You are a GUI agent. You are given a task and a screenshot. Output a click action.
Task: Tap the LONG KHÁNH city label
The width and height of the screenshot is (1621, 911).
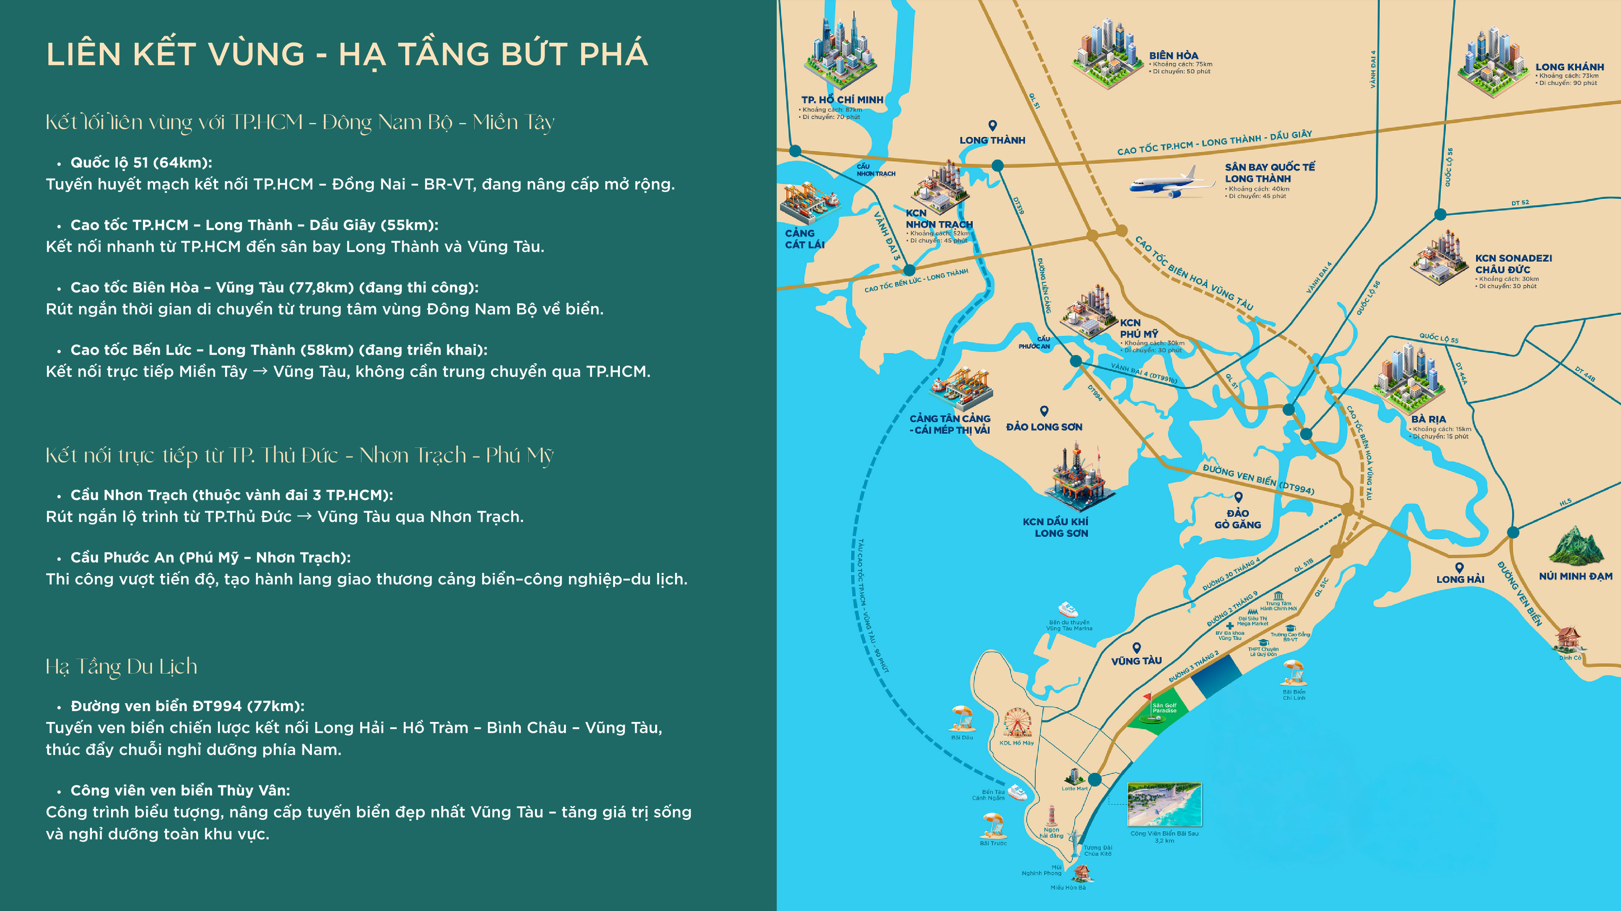click(1569, 67)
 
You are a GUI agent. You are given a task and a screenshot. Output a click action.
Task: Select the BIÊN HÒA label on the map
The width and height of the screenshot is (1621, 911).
click(1174, 56)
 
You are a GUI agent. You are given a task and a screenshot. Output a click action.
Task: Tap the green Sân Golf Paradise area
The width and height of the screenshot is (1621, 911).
click(1160, 711)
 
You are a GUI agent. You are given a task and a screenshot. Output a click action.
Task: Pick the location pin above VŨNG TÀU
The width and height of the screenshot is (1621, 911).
click(1137, 647)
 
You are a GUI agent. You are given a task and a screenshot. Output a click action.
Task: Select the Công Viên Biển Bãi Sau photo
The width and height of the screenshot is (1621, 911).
click(1164, 805)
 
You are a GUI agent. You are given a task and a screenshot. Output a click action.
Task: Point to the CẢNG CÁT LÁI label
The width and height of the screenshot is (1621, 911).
click(804, 239)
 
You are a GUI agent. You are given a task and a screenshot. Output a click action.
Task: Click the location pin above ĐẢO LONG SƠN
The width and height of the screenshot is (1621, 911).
click(1044, 411)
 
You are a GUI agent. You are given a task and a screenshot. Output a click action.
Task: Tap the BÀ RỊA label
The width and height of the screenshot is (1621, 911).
click(1429, 419)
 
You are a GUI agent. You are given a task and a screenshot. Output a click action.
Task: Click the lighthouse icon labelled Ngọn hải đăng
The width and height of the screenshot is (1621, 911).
click(1051, 816)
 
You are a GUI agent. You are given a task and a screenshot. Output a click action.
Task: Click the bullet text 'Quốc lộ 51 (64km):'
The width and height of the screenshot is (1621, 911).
click(141, 162)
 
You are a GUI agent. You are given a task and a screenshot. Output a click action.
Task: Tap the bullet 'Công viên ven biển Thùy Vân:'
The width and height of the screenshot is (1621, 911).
click(180, 790)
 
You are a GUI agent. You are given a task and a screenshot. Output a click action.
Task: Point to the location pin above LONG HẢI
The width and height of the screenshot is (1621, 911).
click(1459, 567)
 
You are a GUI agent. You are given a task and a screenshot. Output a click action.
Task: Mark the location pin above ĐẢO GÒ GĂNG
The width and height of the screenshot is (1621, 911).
click(1238, 497)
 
